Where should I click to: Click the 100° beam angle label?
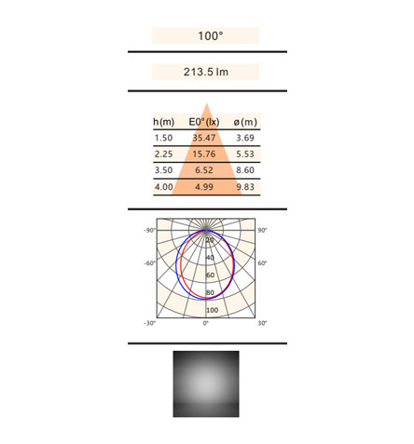[211, 36]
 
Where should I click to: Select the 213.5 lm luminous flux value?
[206, 72]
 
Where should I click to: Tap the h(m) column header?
[163, 122]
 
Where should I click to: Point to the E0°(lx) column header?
[204, 122]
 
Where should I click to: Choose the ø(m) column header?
[245, 122]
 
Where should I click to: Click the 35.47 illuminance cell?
[204, 138]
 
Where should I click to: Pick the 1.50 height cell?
[163, 138]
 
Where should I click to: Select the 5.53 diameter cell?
[245, 154]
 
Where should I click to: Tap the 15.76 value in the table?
[204, 154]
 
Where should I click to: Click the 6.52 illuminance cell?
[204, 170]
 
